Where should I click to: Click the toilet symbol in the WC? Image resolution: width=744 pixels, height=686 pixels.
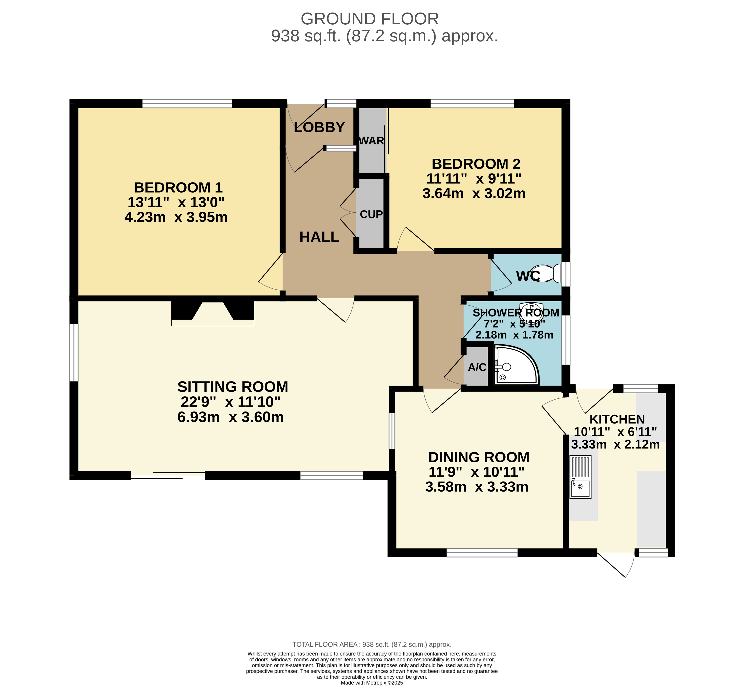point(547,274)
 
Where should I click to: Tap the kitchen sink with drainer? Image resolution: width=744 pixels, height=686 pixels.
point(580,477)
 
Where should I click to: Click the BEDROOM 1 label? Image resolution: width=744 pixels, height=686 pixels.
point(178,187)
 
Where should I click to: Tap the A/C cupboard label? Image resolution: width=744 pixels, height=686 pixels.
point(477,367)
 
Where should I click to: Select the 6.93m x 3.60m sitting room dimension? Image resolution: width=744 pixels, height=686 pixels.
point(231,417)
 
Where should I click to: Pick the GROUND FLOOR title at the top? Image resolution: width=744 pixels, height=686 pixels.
point(370,19)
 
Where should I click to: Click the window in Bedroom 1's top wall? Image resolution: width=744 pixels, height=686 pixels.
point(187,103)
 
